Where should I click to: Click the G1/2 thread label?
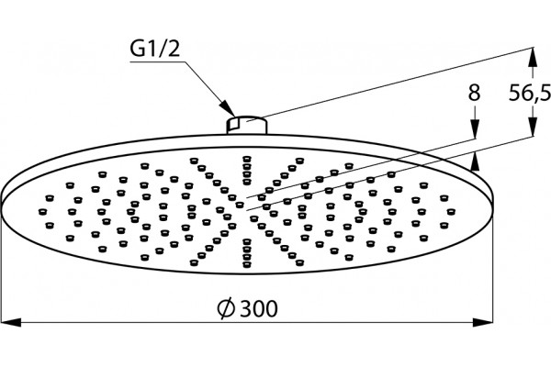point(154,49)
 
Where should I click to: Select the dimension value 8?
point(474,93)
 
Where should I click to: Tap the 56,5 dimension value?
point(530,94)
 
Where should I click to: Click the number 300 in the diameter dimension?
point(260,309)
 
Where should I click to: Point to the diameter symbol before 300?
point(226,308)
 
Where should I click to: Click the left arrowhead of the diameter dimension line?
point(12,322)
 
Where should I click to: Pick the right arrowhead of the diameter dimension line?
point(482,322)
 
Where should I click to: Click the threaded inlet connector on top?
point(247,125)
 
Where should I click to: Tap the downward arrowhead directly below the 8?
point(475,128)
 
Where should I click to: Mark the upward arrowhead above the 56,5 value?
point(533,57)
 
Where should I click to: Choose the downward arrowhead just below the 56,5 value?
point(533,126)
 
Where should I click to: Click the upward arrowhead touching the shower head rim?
point(475,161)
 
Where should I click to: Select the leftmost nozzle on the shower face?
point(42,211)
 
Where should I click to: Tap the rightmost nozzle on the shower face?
point(451,211)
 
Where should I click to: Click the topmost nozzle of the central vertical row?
point(247,159)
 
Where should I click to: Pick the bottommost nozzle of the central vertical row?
point(247,264)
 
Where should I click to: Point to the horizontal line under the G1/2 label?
point(157,62)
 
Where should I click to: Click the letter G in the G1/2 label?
point(137,49)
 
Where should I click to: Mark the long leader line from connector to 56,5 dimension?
point(390,84)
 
